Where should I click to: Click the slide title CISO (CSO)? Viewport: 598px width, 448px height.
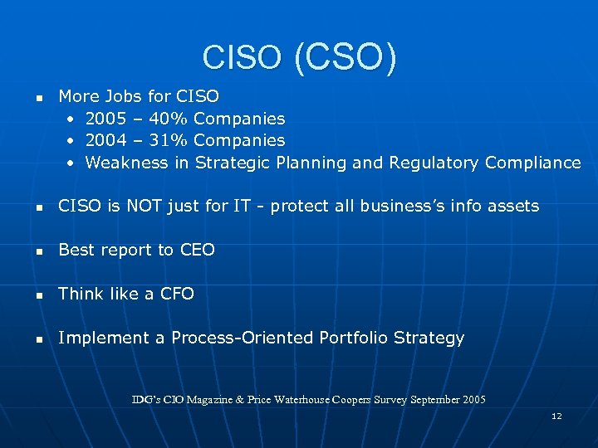[299, 57]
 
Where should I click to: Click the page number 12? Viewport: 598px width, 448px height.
[556, 416]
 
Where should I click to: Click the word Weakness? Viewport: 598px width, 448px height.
[127, 163]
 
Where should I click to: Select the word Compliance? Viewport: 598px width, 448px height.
[533, 163]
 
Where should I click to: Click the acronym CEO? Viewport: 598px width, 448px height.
[197, 250]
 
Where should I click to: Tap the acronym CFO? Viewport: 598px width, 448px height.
[177, 294]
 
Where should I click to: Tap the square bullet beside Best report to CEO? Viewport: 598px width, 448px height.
[38, 251]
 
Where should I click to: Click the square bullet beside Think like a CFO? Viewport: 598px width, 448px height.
[38, 295]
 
